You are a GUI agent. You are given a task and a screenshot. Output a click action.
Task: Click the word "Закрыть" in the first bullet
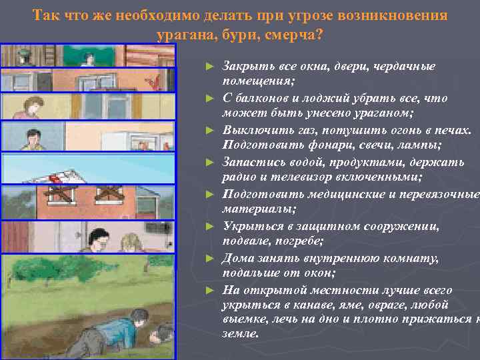(x=243, y=67)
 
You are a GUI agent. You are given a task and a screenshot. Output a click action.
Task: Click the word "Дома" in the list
(x=235, y=257)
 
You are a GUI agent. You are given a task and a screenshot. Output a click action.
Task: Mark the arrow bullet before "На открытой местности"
(x=211, y=290)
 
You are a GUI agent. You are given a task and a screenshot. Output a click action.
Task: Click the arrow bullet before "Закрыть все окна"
(x=211, y=67)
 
